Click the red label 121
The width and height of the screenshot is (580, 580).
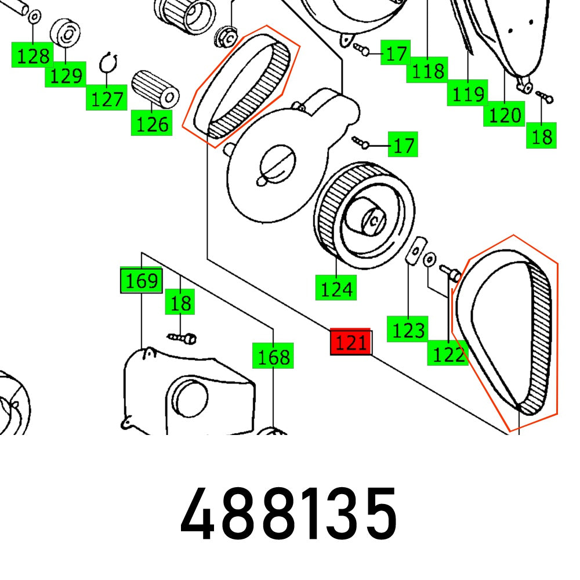tap(350, 343)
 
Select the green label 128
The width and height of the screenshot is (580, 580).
tap(33, 56)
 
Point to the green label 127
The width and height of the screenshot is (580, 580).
tap(107, 99)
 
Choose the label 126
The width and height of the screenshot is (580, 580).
tap(152, 124)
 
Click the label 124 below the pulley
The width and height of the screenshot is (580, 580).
tap(336, 288)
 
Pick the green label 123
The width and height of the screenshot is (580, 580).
tap(408, 329)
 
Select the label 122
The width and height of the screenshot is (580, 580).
tap(448, 353)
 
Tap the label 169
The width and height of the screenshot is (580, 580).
tap(141, 281)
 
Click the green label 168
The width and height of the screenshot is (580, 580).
tap(273, 356)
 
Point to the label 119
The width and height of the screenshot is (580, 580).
tap(467, 93)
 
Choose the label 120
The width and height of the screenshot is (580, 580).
tap(504, 115)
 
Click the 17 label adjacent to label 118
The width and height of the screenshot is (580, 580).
tap(396, 54)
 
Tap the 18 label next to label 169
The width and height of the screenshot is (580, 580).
tap(180, 303)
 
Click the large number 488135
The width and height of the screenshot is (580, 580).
tap(288, 513)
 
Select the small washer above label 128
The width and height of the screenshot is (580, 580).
tap(34, 14)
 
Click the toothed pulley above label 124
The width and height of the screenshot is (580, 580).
tap(364, 215)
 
